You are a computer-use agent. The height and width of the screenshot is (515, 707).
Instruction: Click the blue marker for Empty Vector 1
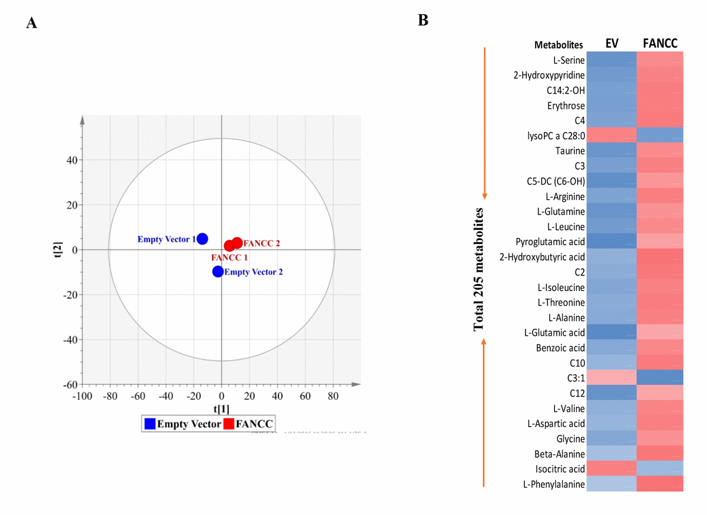click(x=202, y=239)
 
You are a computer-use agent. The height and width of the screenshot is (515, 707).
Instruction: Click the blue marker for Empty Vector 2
click(x=218, y=272)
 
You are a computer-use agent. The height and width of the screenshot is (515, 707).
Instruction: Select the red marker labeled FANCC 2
click(x=237, y=243)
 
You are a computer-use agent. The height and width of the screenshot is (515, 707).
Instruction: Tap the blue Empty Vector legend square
click(x=150, y=423)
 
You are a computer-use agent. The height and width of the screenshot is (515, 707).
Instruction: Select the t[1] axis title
click(x=222, y=408)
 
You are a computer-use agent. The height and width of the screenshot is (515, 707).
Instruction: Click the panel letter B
click(x=422, y=20)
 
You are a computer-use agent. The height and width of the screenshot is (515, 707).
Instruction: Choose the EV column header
click(x=612, y=43)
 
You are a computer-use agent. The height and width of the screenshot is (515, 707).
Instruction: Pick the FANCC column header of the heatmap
click(x=660, y=43)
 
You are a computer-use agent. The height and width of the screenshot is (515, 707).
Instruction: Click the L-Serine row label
click(x=569, y=60)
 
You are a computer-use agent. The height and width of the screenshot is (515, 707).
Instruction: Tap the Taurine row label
click(x=570, y=151)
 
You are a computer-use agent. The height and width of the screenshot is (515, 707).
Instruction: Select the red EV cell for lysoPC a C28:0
click(x=612, y=136)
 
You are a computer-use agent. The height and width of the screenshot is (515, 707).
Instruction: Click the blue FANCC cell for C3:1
click(x=660, y=378)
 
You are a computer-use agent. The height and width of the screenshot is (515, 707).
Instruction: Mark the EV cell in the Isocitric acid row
click(x=612, y=469)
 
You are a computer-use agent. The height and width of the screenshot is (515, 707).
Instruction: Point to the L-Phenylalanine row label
click(x=554, y=484)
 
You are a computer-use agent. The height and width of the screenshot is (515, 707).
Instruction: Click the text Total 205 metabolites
click(x=480, y=269)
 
